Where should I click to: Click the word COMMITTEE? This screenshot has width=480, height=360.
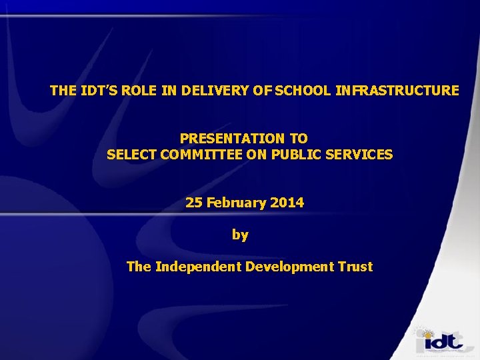[203, 155]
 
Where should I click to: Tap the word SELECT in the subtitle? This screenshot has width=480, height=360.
[131, 155]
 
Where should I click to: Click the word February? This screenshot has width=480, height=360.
[236, 203]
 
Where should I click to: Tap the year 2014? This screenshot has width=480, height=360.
[287, 203]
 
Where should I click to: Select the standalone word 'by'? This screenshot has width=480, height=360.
[240, 235]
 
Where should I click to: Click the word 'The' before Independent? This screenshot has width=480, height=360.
[139, 267]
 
